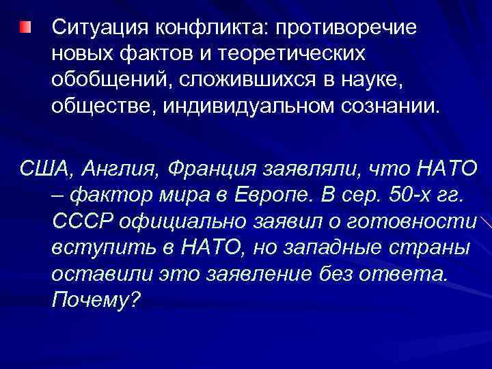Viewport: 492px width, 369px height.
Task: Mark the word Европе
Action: [263, 195]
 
